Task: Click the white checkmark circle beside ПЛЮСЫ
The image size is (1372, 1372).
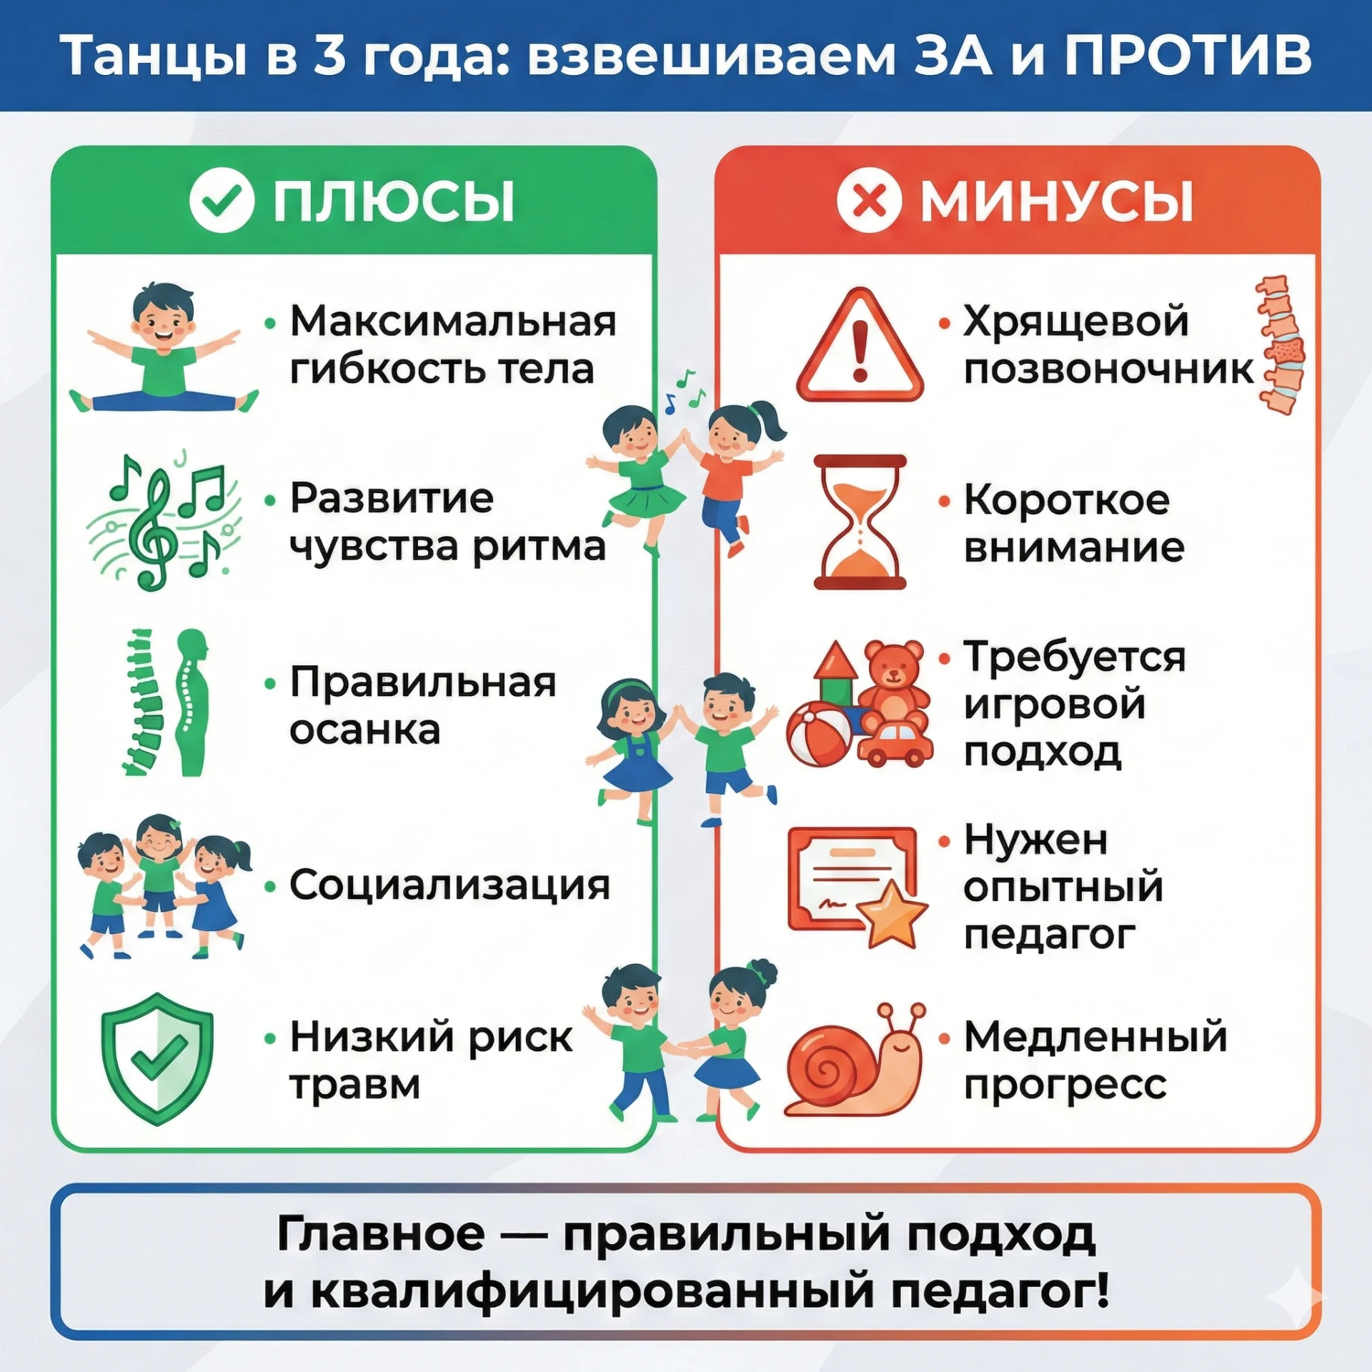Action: coord(222,201)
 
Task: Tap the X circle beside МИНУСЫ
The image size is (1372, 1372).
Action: coord(869,201)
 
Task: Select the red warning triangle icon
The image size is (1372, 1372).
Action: coord(860,344)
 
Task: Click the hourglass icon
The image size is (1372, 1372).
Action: coord(860,522)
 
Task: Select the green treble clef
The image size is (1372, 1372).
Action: coord(152,529)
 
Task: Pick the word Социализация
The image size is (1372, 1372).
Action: coord(449,885)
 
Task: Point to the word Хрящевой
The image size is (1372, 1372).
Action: coord(1076,322)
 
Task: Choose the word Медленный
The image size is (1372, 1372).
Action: coord(1095,1037)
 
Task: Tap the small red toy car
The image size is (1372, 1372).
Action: coord(895,744)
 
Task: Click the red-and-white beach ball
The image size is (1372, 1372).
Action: coord(819,733)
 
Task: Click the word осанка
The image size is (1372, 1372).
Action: coord(364,730)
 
